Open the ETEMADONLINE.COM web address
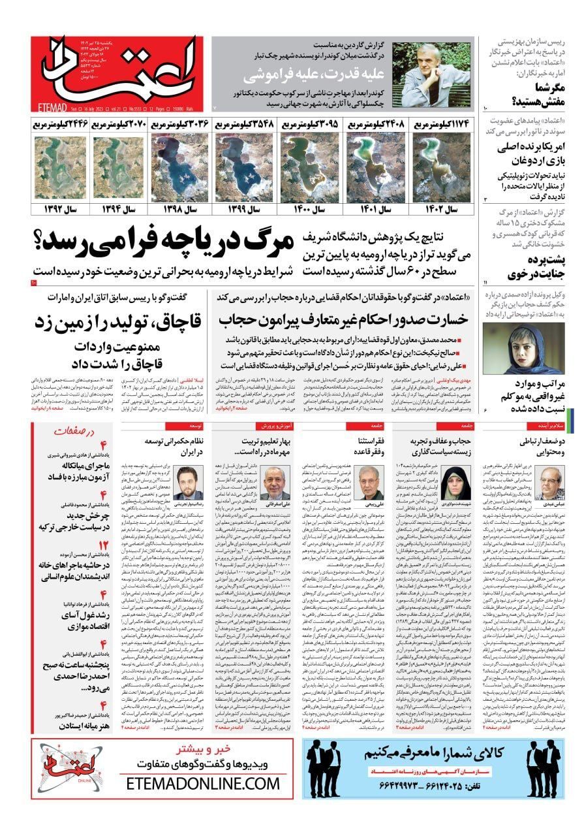click(x=203, y=782)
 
